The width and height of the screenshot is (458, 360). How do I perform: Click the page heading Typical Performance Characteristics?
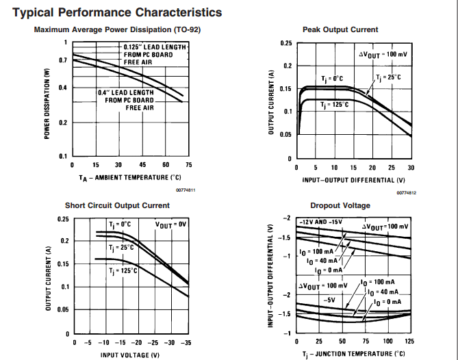117,12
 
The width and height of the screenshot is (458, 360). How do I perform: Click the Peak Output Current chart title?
340,29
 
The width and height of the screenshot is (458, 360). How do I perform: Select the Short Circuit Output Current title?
117,205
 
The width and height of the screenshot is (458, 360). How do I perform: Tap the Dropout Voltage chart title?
340,205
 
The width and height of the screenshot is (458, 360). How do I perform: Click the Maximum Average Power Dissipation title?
117,29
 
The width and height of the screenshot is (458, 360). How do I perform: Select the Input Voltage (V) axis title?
130,355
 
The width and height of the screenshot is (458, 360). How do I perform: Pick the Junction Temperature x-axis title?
354,354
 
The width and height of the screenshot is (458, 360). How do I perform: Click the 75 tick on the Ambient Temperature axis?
188,165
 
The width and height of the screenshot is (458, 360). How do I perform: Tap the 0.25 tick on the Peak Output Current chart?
286,43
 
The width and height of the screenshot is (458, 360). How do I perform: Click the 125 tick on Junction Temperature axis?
410,341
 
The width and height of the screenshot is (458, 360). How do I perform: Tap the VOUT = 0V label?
170,224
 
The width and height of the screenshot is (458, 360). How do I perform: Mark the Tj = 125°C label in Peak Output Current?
335,104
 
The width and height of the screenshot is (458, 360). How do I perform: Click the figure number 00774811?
186,189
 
